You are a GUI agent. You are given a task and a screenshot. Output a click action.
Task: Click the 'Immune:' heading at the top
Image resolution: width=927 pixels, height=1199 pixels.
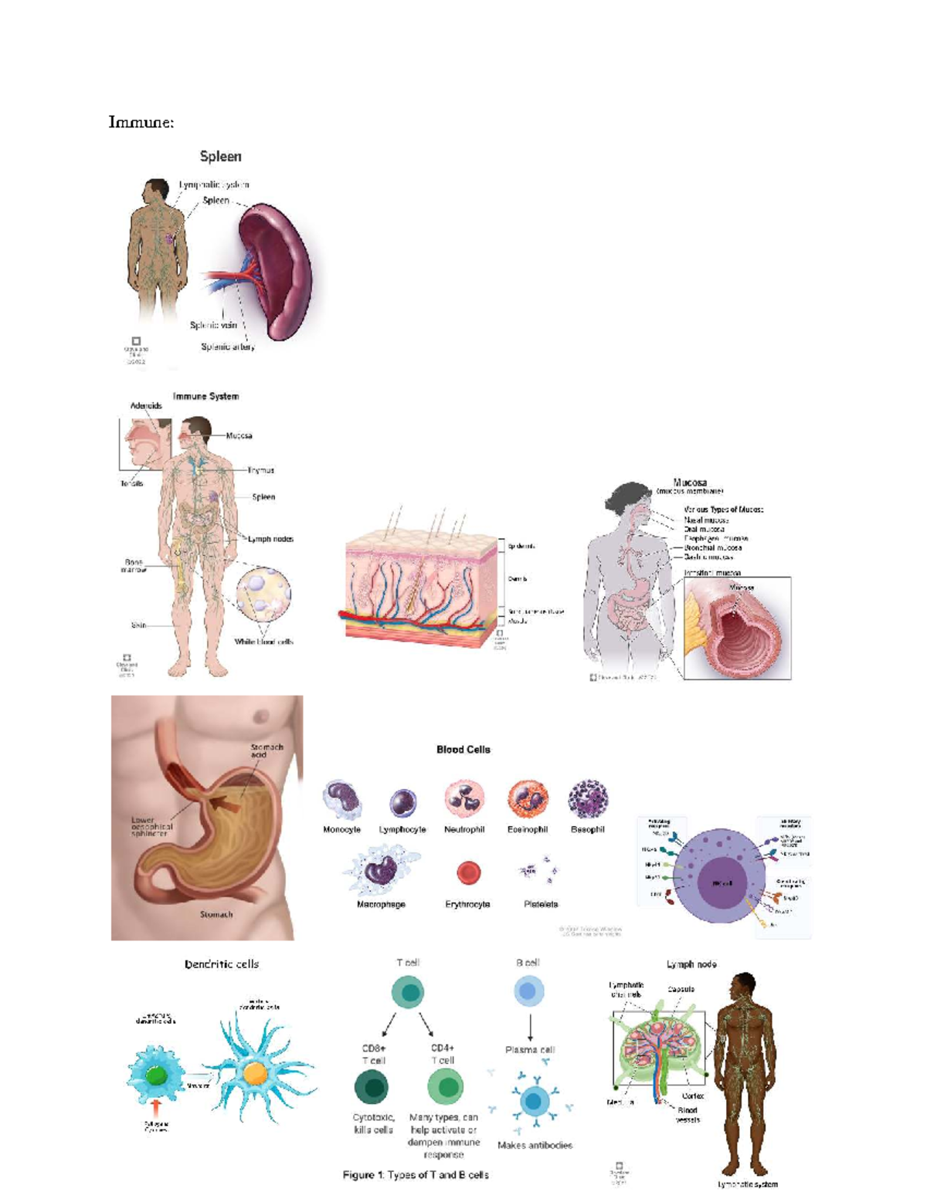141,122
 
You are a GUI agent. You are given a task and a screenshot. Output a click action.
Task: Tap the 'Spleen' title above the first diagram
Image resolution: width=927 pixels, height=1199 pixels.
220,157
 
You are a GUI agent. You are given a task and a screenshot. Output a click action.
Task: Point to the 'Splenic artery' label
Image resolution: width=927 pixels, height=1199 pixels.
228,347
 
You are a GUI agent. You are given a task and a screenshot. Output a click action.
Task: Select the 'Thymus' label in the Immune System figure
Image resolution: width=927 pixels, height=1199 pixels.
260,469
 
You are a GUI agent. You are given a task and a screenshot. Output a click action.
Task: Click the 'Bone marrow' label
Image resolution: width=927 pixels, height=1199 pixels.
134,566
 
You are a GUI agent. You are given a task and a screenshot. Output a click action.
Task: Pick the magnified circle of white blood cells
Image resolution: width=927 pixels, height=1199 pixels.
264,595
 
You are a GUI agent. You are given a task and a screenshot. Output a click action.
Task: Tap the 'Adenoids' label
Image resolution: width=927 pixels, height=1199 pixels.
146,405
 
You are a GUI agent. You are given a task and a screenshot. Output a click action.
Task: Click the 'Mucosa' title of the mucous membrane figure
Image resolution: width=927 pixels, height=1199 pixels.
690,483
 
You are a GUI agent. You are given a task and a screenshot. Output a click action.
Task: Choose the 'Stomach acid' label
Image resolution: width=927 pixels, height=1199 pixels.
267,750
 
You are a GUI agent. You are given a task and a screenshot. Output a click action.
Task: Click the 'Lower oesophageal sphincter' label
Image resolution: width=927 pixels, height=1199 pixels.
151,827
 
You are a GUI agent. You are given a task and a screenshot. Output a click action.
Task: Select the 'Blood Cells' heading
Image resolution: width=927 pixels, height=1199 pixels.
463,749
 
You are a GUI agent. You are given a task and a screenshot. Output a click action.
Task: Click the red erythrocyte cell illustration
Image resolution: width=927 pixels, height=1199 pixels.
468,873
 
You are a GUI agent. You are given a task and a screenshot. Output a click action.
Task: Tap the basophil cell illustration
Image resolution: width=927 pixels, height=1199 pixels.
588,799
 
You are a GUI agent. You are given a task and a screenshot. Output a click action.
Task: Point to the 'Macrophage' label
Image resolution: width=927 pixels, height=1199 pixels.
381,904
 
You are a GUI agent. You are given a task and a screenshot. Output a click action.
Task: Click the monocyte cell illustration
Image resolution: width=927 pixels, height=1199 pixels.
341,799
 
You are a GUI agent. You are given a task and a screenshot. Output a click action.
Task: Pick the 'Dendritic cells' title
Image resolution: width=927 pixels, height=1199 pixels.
222,964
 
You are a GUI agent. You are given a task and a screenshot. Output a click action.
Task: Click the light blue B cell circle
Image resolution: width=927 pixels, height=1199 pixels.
528,991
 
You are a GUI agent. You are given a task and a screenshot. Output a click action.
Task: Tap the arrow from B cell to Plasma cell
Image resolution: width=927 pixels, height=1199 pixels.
531,1027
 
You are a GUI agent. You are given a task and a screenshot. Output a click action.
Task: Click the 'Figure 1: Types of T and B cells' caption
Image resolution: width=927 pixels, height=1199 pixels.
416,1175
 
